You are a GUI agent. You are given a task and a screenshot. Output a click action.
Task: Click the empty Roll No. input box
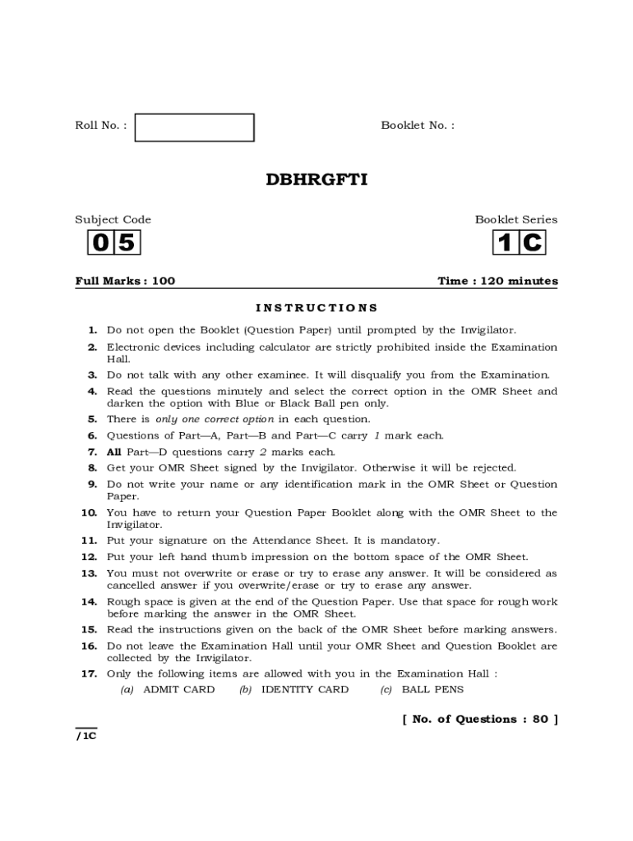194,127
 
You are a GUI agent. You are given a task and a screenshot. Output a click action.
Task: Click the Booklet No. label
417,125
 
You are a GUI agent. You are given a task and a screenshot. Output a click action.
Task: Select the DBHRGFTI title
316,178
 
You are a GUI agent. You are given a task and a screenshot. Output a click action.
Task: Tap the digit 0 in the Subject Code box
100,243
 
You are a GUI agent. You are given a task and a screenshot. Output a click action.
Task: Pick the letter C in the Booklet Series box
532,243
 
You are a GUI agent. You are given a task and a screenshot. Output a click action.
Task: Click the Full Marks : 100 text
125,281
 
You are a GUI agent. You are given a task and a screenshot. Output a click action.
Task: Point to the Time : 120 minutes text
497,281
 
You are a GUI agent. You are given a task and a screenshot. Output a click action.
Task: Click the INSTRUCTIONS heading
316,308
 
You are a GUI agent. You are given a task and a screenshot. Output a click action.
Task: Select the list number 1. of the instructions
93,330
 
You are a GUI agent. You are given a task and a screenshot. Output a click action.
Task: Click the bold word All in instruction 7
113,452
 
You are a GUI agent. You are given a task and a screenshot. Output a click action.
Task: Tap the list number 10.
90,512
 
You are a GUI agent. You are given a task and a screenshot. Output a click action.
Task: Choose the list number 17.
90,673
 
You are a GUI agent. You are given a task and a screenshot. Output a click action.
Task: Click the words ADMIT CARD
178,690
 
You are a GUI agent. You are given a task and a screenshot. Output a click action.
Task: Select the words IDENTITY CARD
304,690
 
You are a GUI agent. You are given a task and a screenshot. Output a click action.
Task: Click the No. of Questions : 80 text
479,719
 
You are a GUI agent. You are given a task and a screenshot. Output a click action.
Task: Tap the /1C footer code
86,736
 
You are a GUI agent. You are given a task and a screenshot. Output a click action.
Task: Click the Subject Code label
113,219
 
